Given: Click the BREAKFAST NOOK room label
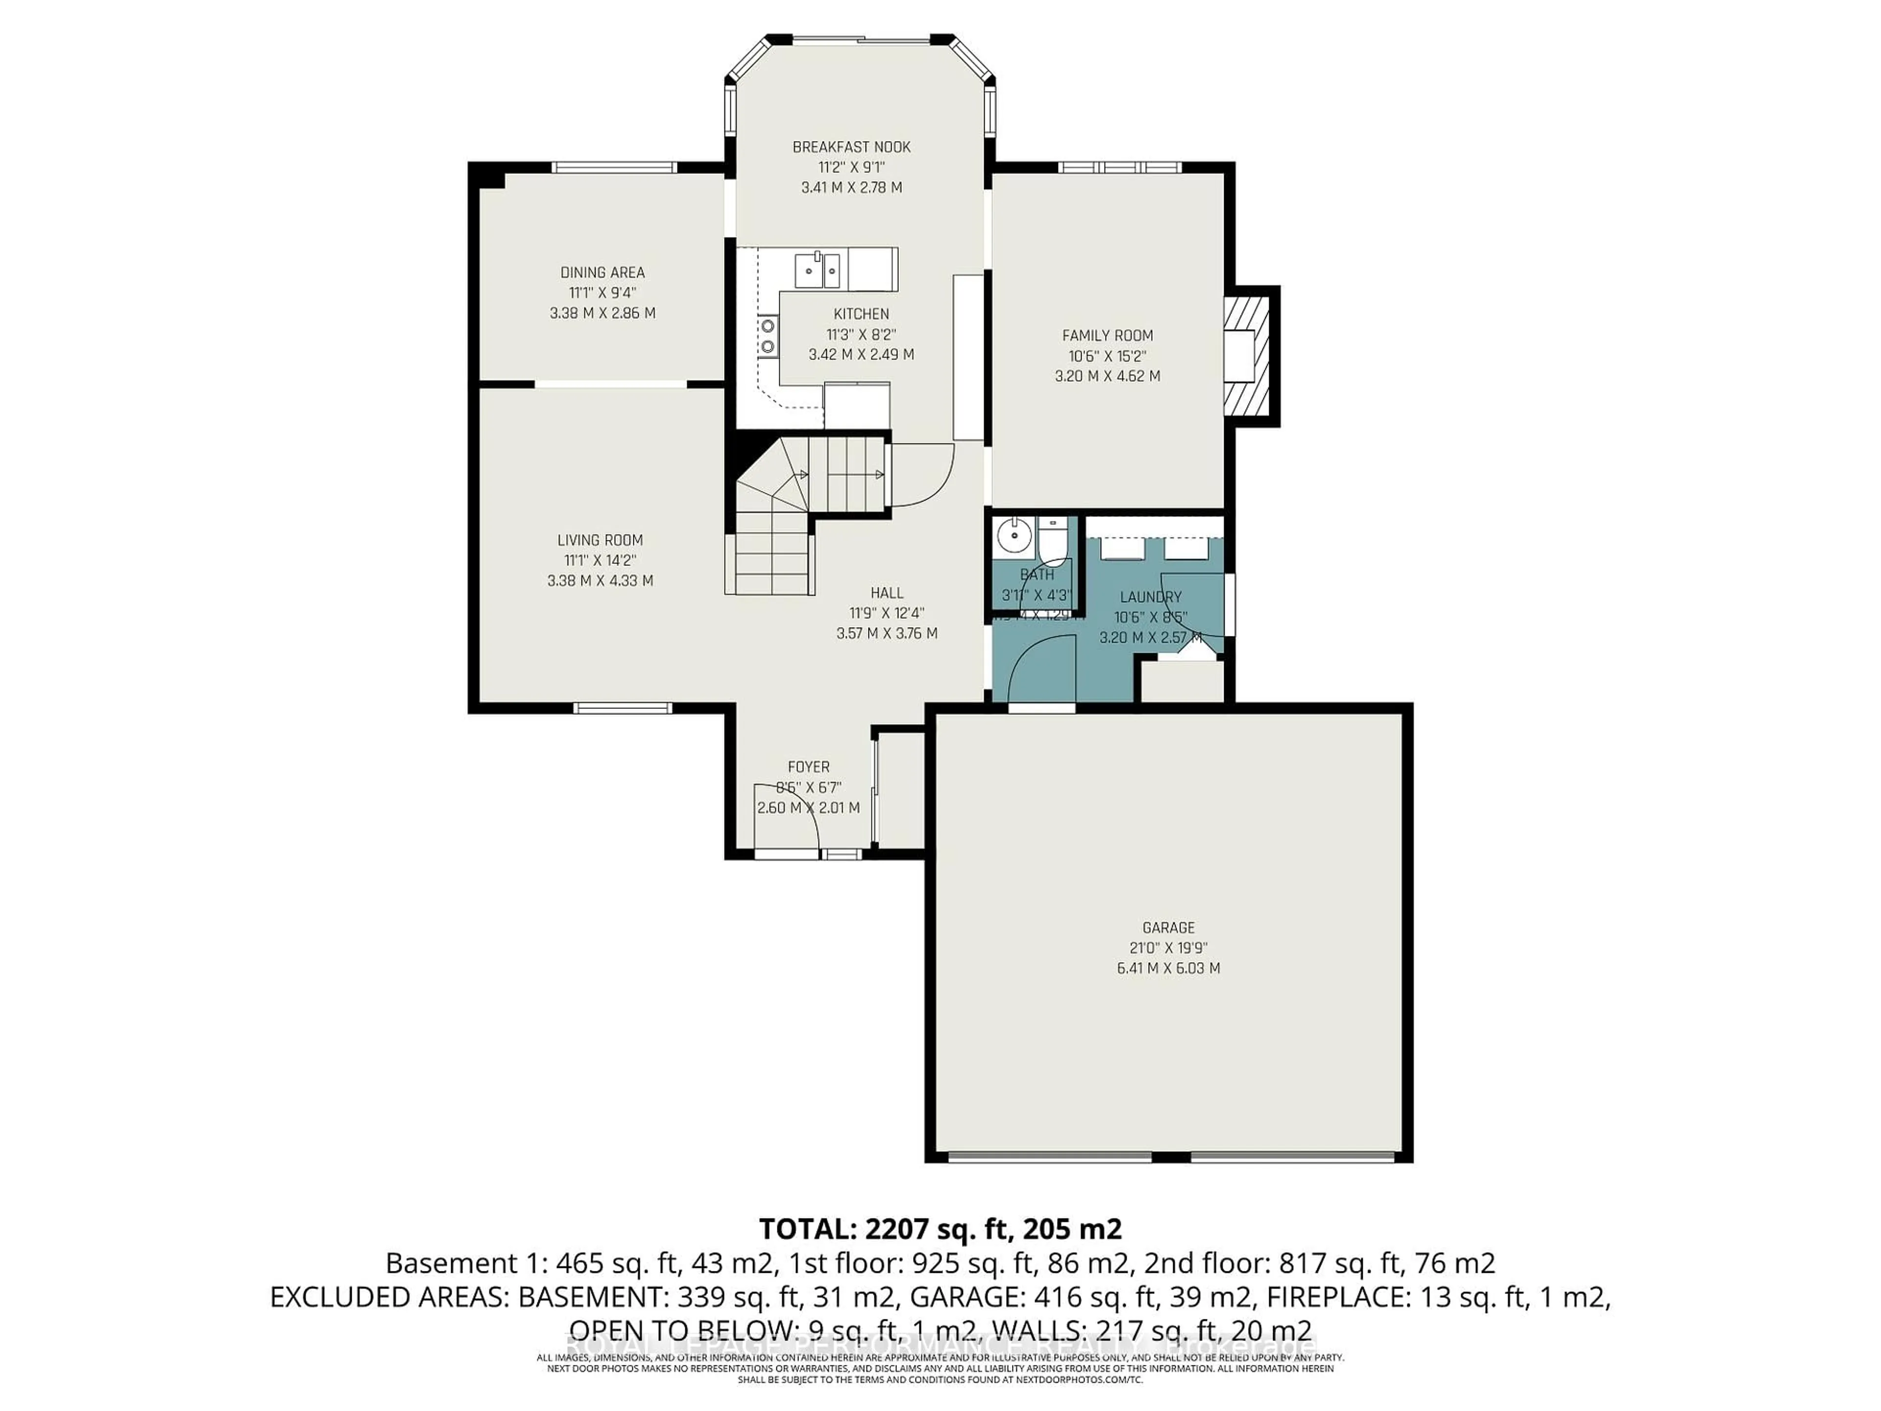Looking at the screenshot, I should point(851,147).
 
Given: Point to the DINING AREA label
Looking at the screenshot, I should point(602,273).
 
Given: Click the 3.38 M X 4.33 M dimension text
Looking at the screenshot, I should point(601,581).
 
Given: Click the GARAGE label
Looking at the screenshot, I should point(1168,928).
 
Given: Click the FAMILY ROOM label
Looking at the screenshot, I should point(1107,336).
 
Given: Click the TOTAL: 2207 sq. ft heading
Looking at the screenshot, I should point(940,1229).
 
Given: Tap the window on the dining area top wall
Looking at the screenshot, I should point(614,168).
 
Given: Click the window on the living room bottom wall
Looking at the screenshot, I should point(622,707).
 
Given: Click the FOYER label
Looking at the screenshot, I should point(808,767).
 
